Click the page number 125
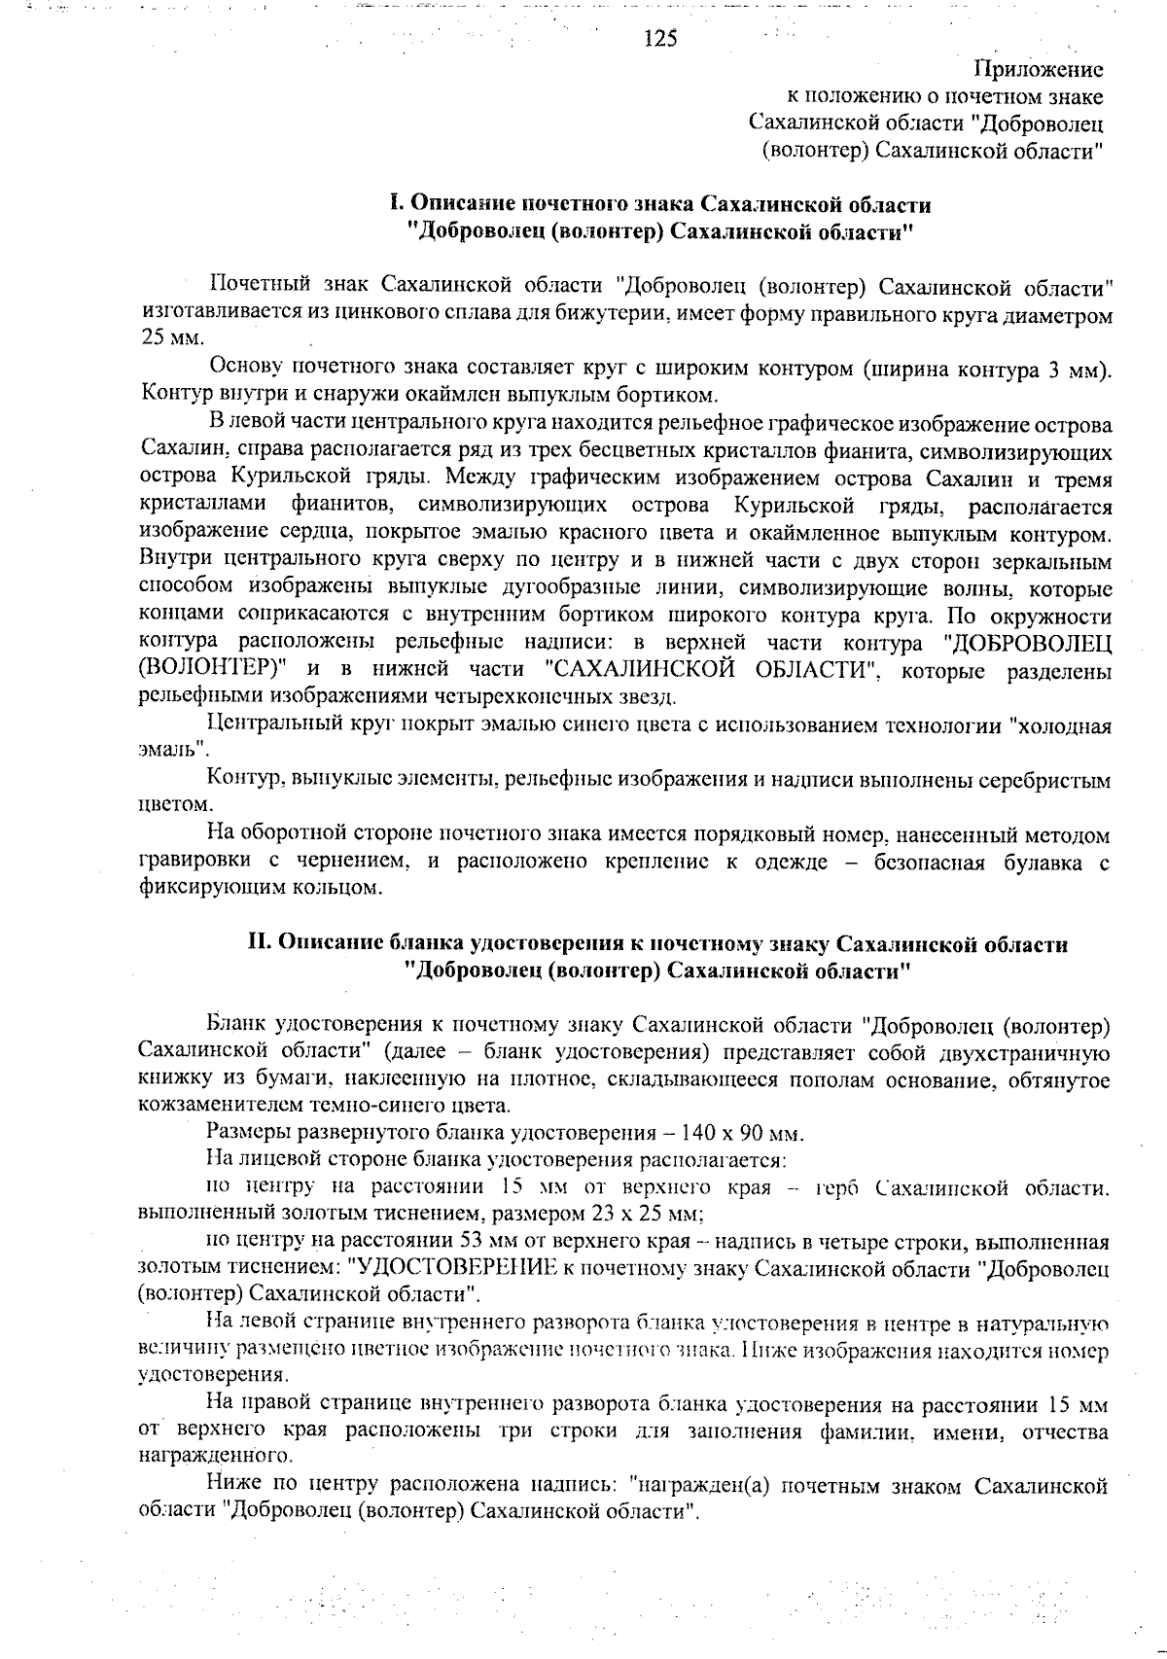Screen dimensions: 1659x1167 [x=660, y=38]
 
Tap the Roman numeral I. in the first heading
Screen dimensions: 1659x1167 [x=395, y=205]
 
